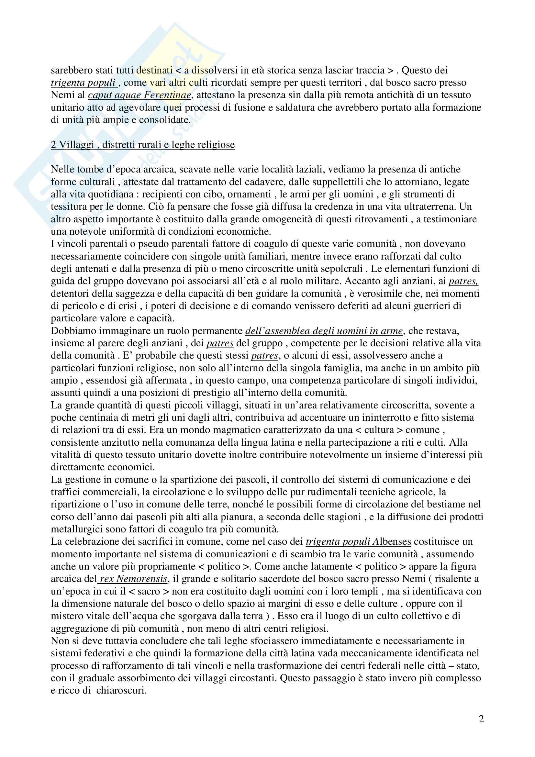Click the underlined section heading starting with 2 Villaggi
142,144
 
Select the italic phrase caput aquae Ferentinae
139,95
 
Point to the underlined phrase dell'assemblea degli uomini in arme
324,331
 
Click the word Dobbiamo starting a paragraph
73,331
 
